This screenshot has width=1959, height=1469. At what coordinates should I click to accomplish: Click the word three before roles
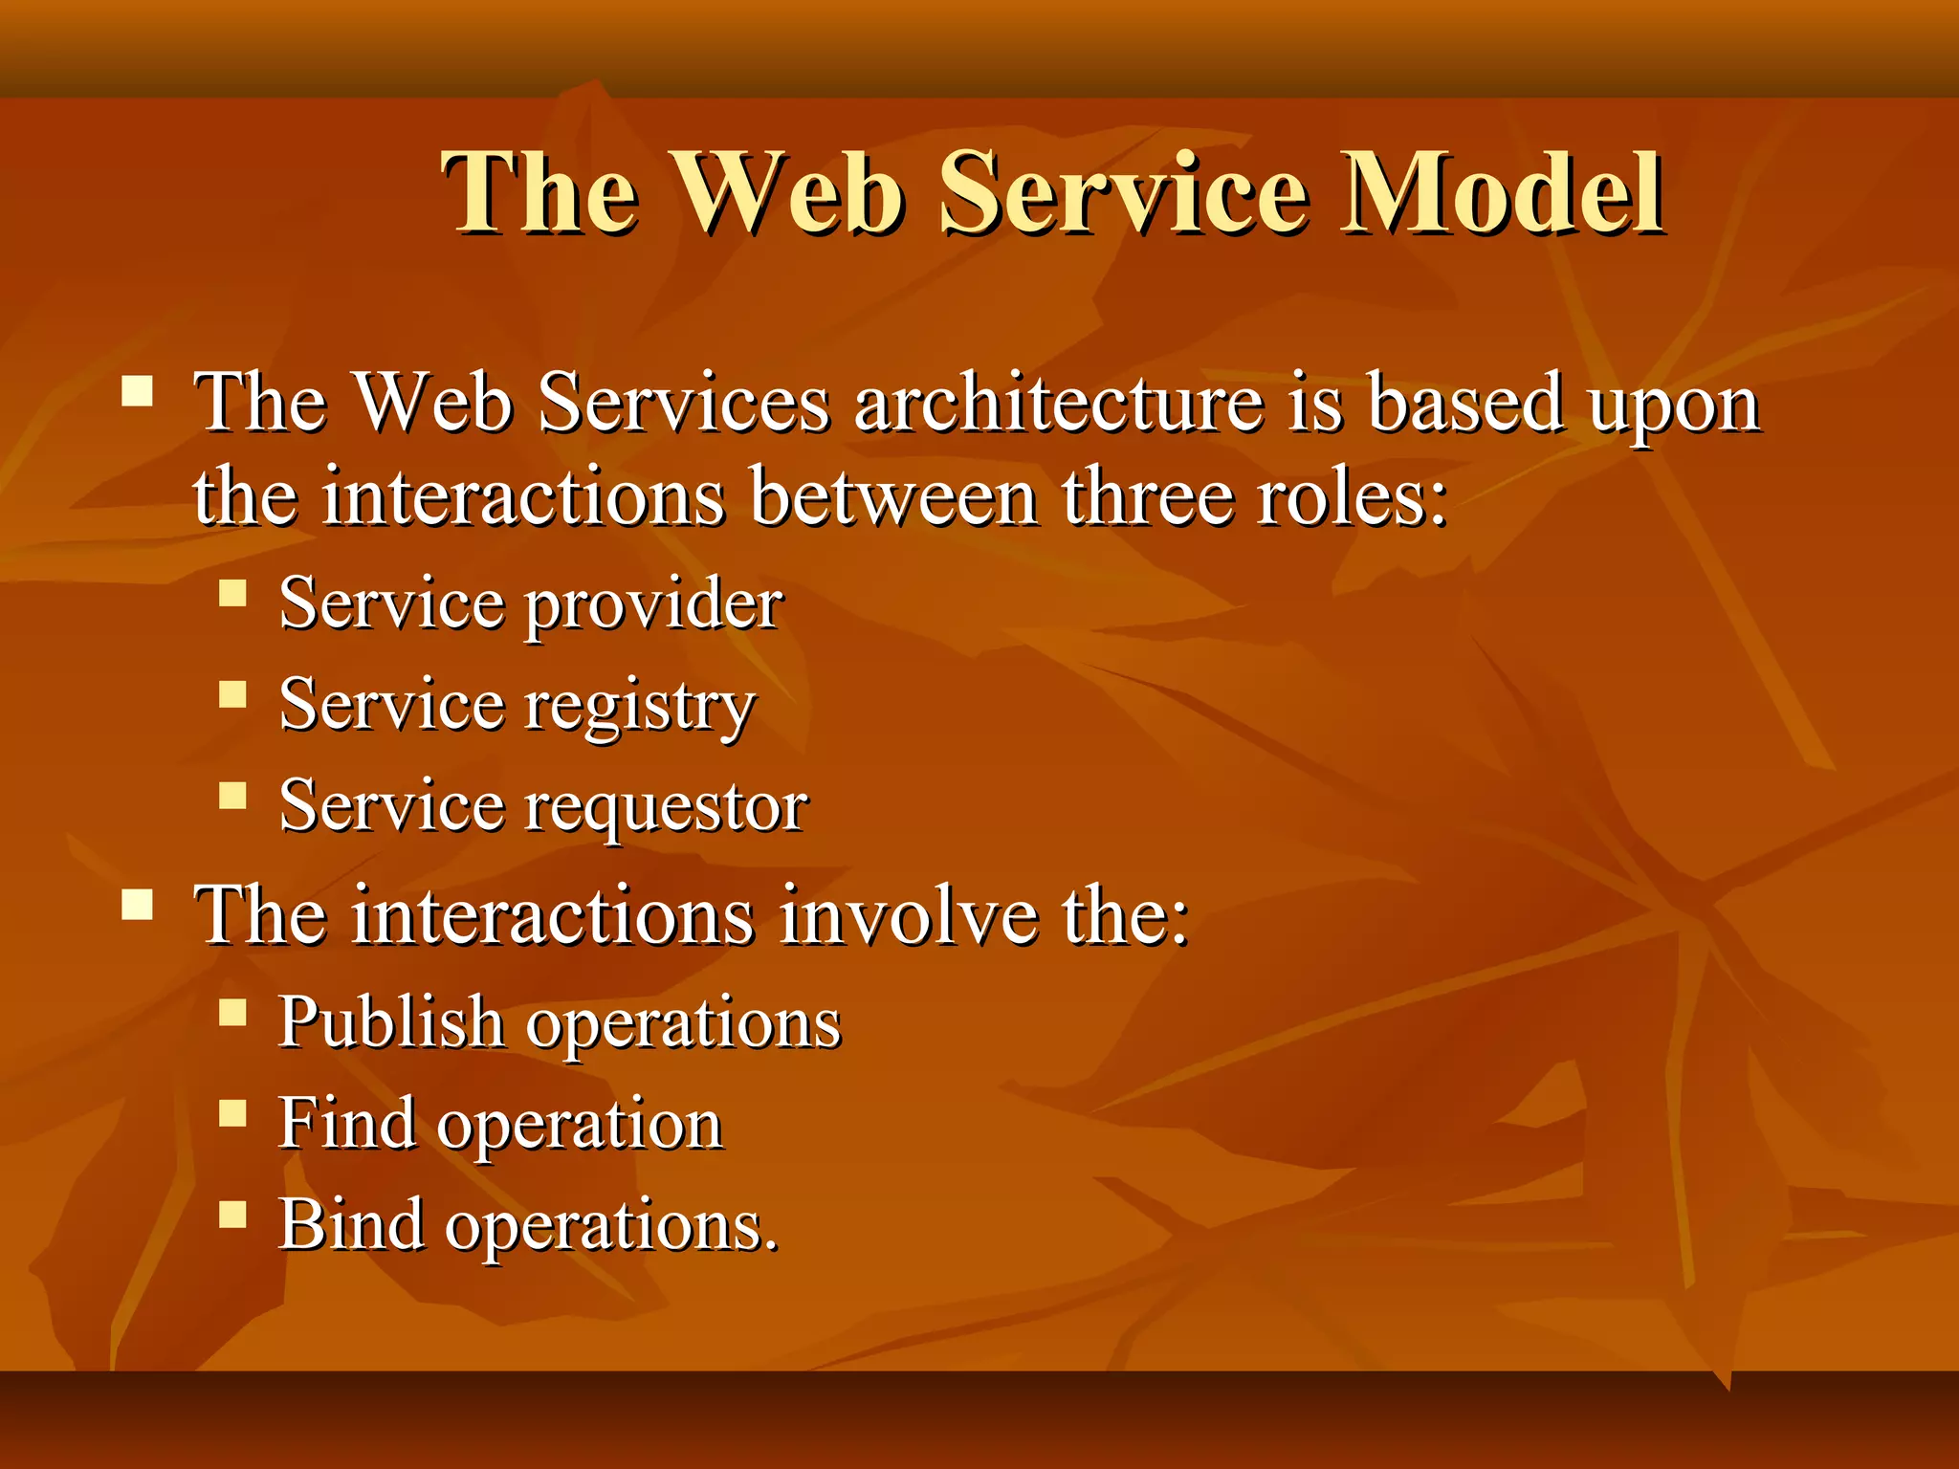coord(1147,497)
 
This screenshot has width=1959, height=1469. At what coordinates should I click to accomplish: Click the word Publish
coord(391,1021)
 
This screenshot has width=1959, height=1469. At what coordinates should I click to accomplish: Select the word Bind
coord(351,1224)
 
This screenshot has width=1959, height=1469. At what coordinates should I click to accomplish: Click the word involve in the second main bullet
coord(908,915)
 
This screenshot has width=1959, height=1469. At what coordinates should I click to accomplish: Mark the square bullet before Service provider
coord(232,594)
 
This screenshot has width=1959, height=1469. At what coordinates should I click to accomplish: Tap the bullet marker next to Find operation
coord(232,1112)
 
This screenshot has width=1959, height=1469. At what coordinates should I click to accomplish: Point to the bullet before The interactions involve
coord(138,904)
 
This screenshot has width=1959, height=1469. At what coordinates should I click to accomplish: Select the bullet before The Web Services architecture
coord(138,391)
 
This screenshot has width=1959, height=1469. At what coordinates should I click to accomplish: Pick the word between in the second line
coord(894,497)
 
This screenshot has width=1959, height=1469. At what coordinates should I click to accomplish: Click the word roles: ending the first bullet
coord(1352,497)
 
